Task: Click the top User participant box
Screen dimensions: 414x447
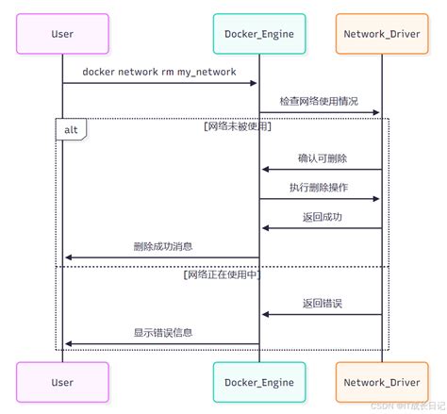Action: [x=63, y=34]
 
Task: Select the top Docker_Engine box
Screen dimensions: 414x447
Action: [x=259, y=34]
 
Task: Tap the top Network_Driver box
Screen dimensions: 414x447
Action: [x=381, y=34]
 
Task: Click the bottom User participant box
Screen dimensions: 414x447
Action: [x=63, y=382]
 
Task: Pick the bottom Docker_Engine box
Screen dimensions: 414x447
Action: [x=259, y=382]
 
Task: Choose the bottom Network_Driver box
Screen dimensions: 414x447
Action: [x=381, y=382]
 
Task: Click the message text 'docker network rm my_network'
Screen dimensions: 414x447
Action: [x=160, y=72]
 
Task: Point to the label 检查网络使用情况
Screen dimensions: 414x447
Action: [x=319, y=101]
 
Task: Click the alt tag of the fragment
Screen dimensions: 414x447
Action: [x=72, y=129]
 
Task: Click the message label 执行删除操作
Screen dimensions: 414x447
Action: [x=319, y=187]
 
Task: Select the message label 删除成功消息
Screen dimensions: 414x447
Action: [x=162, y=245]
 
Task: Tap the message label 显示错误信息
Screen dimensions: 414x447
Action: [x=162, y=332]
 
